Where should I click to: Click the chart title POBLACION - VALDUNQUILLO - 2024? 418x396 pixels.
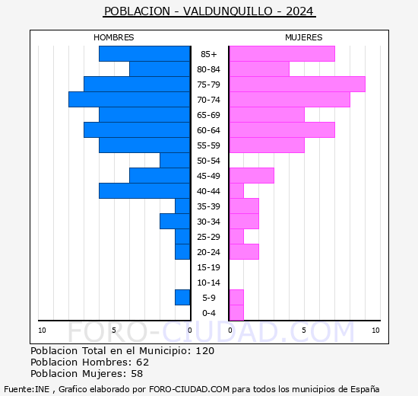click(x=209, y=11)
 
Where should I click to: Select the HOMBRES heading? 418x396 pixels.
click(x=113, y=37)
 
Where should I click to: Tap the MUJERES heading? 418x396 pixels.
click(x=303, y=37)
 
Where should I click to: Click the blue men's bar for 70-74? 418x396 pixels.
click(x=129, y=100)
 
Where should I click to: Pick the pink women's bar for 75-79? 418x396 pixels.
click(x=296, y=85)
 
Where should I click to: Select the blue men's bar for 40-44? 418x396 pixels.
click(x=144, y=191)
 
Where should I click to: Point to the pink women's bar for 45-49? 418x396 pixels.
click(x=251, y=176)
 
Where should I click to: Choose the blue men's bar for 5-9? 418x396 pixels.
click(x=182, y=298)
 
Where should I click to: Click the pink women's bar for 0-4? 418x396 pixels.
click(x=236, y=313)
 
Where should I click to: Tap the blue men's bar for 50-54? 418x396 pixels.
click(x=175, y=161)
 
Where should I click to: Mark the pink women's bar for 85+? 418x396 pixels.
click(x=281, y=54)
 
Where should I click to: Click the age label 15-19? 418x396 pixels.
click(x=208, y=267)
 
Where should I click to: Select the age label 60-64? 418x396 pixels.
click(x=208, y=130)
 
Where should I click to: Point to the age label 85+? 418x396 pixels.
click(x=208, y=54)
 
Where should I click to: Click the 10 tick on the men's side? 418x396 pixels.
click(x=42, y=330)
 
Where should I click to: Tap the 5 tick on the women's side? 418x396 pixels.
click(x=303, y=330)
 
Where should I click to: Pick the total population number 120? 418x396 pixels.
click(x=204, y=351)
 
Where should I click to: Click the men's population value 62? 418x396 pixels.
click(x=142, y=362)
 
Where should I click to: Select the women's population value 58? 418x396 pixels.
click(x=136, y=374)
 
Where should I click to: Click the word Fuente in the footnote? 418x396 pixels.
click(x=17, y=388)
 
